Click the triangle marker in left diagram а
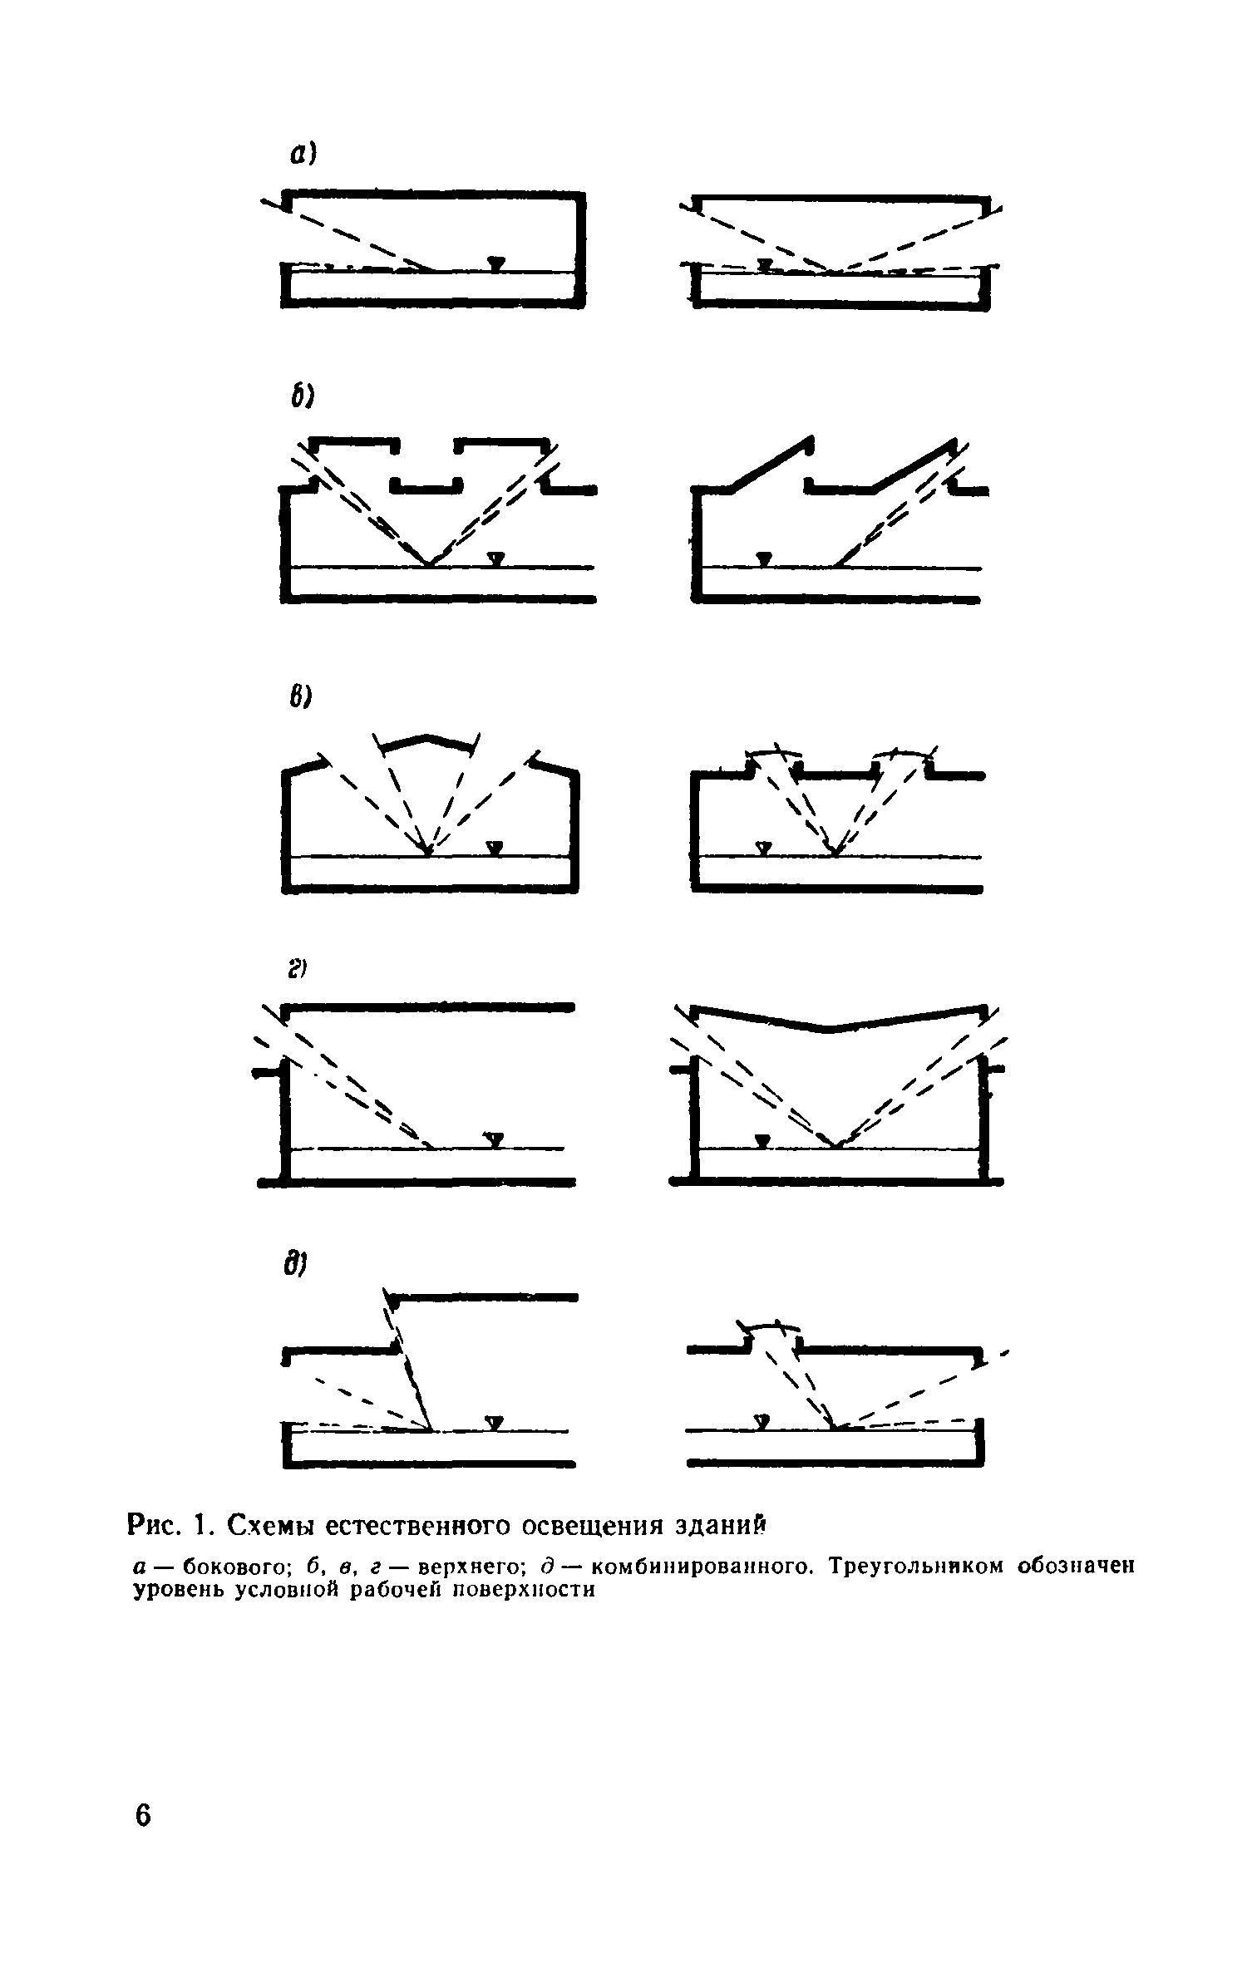click(496, 263)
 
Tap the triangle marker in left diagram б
click(496, 558)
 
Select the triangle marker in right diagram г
click(762, 1140)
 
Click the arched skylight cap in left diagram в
click(427, 740)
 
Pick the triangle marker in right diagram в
click(762, 848)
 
